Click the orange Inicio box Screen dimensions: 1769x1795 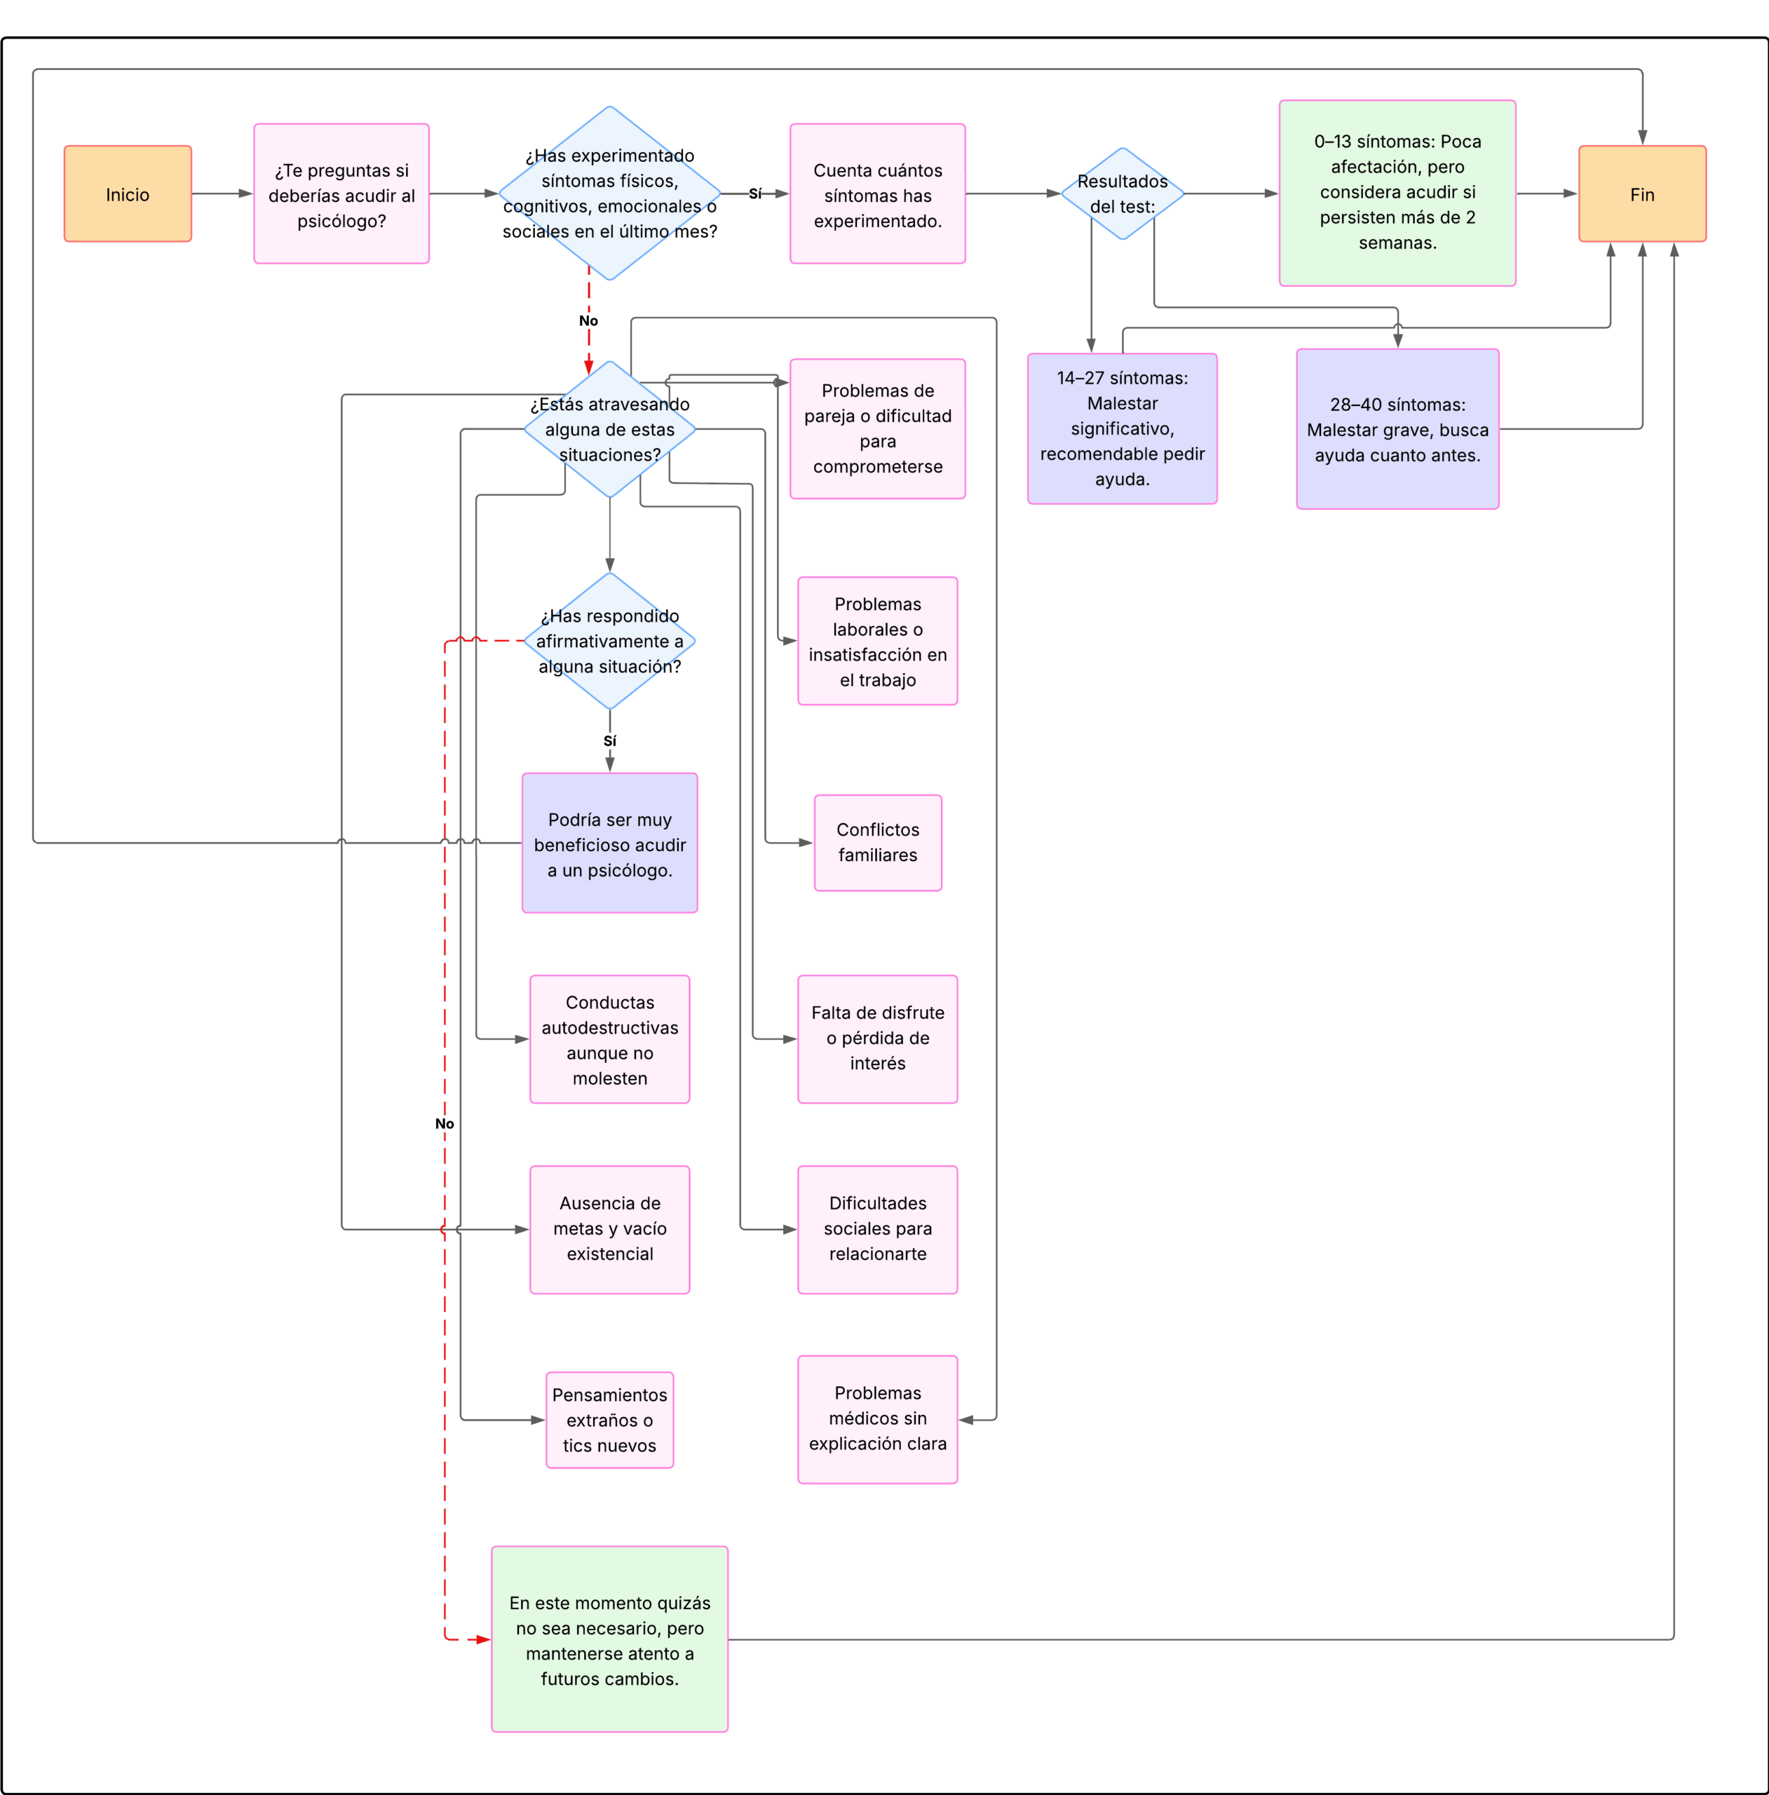click(x=128, y=194)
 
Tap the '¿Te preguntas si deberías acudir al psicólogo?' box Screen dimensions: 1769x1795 click(x=341, y=194)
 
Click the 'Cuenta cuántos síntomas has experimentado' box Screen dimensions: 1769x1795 click(x=877, y=194)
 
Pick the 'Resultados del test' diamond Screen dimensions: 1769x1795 click(x=1123, y=194)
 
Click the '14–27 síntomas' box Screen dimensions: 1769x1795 click(x=1123, y=428)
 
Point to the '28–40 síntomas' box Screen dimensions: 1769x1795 click(x=1397, y=428)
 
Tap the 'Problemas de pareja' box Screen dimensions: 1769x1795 click(x=877, y=428)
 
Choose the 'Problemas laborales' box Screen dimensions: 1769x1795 click(x=877, y=641)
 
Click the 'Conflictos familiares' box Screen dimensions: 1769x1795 click(x=877, y=843)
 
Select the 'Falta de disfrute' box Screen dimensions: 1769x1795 click(x=877, y=1038)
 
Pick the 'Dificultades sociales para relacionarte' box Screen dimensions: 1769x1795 click(x=877, y=1229)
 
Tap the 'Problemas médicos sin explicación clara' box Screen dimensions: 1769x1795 click(x=877, y=1418)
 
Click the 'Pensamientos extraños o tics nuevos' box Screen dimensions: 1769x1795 click(x=609, y=1420)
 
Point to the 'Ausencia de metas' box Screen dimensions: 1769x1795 click(x=609, y=1229)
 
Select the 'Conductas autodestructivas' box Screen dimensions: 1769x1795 click(x=609, y=1038)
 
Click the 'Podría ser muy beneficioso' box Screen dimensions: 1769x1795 click(x=609, y=843)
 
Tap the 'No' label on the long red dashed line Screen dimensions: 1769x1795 click(x=444, y=1123)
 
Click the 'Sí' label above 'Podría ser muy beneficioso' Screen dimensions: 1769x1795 click(x=609, y=740)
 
